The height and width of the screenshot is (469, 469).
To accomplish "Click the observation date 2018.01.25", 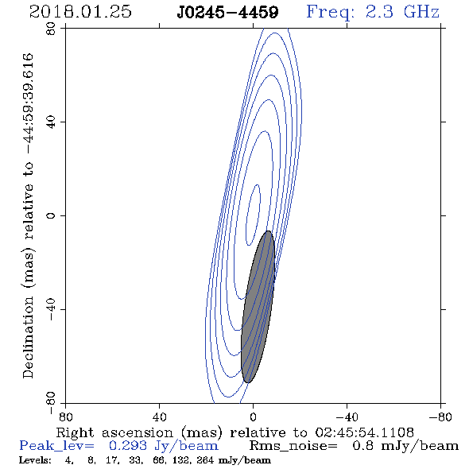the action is point(80,12).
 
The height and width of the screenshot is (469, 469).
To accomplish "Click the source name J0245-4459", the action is point(227,12).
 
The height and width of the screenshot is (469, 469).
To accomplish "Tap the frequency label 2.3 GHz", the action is point(402,12).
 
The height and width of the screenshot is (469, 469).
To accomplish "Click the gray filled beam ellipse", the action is point(258,307).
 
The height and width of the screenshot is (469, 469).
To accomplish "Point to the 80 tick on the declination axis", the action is point(51,29).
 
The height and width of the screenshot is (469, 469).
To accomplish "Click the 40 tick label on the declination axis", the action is point(51,122).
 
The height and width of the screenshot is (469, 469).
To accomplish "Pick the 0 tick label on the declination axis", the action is point(51,215).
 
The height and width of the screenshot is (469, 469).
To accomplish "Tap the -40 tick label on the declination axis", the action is point(51,309).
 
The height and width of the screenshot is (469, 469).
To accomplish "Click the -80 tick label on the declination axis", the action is point(51,403).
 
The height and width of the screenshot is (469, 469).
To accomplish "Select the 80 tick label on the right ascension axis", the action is point(65,417).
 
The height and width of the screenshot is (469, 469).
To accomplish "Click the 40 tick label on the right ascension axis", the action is point(159,417).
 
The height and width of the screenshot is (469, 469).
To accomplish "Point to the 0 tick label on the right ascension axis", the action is point(253,417).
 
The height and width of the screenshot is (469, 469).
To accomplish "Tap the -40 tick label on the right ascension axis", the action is point(347,417).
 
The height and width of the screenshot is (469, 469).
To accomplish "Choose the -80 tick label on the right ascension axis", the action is point(440,417).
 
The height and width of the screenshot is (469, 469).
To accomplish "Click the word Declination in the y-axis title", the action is point(28,337).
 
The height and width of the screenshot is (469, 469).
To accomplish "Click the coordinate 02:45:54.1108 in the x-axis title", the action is point(364,432).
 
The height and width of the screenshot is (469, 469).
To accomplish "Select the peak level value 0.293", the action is point(128,446).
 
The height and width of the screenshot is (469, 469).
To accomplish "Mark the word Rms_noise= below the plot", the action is point(293,446).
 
